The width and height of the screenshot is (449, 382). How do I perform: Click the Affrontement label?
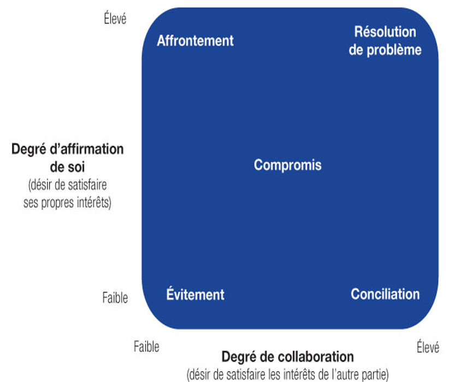pyautogui.click(x=195, y=40)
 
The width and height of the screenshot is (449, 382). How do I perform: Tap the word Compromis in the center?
pyautogui.click(x=288, y=165)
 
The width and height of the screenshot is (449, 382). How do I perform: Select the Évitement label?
pyautogui.click(x=195, y=295)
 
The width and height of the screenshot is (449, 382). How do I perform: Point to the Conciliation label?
pyautogui.click(x=385, y=294)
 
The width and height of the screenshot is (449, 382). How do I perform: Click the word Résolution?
pyautogui.click(x=385, y=32)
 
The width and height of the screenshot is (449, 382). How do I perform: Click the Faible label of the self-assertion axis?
pyautogui.click(x=115, y=298)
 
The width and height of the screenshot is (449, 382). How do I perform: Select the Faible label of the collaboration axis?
pyautogui.click(x=146, y=346)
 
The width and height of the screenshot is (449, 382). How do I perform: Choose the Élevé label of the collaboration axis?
pyautogui.click(x=427, y=346)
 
